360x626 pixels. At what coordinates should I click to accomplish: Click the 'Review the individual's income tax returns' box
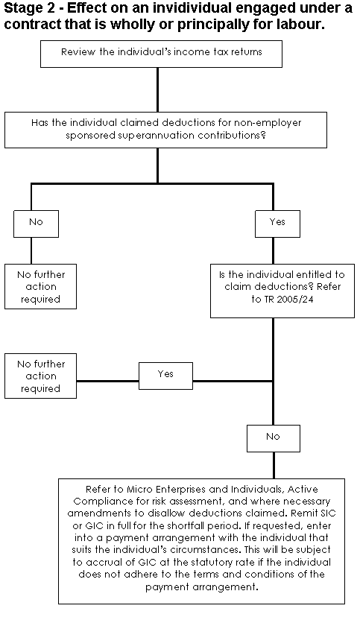(161, 54)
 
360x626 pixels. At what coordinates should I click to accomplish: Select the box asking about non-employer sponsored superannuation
(165, 130)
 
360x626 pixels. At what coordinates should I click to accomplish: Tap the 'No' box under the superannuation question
(37, 224)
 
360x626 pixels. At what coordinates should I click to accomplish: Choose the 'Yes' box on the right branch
(277, 224)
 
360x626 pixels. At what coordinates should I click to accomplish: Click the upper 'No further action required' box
(41, 286)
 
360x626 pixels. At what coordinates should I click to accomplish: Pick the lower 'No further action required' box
(41, 376)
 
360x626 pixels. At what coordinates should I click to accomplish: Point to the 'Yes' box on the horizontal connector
(165, 376)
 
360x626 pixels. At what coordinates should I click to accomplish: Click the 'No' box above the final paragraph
(274, 438)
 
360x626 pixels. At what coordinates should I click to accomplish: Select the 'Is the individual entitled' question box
(282, 291)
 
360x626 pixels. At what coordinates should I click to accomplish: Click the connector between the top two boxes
(158, 90)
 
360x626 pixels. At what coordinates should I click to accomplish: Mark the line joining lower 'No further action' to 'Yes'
(108, 381)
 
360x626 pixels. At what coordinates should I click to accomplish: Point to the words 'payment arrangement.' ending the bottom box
(202, 587)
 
